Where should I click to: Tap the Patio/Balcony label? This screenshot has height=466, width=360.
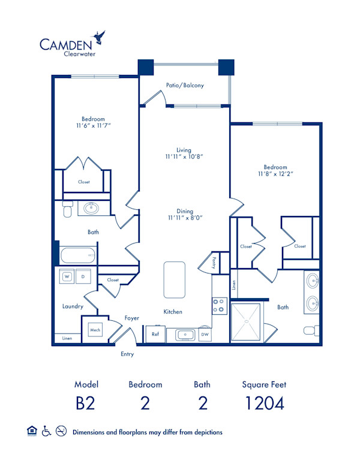click(185, 85)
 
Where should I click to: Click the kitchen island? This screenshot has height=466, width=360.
click(175, 279)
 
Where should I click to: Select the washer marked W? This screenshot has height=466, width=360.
click(67, 276)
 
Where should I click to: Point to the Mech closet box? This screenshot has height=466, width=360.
click(94, 329)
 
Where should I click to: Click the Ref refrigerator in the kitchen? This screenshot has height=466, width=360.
click(155, 334)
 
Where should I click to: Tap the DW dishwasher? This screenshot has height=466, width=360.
click(205, 334)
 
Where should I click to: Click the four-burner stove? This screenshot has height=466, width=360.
click(219, 306)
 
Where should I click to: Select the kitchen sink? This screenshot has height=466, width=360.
click(184, 334)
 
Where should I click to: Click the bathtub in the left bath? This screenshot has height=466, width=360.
click(78, 256)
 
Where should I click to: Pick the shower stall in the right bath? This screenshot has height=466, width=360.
click(246, 322)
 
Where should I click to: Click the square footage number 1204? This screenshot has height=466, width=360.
click(263, 403)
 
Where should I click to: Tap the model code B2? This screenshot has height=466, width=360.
click(86, 403)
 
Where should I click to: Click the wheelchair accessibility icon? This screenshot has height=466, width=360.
click(46, 431)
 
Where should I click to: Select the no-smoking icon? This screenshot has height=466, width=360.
click(61, 431)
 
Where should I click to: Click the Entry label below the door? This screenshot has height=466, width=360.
click(127, 354)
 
